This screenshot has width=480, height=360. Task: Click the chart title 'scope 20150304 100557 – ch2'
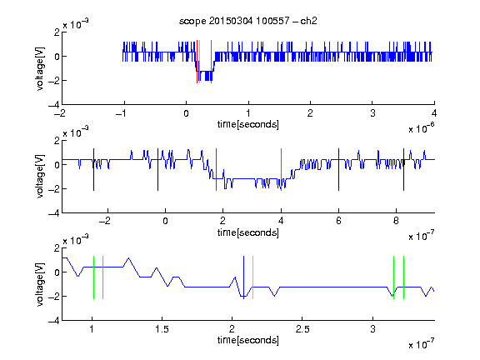coord(248,21)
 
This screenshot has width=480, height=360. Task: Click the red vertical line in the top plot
coord(197,62)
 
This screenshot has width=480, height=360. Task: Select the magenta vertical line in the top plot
coord(211,62)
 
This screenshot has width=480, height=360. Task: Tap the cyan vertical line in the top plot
coord(199,62)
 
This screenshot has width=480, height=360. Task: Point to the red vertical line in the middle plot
coord(216,170)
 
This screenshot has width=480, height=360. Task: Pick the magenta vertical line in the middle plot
coord(281,170)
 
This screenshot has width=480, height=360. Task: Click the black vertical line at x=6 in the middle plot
coord(338,170)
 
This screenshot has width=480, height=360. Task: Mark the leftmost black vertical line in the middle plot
coord(93,170)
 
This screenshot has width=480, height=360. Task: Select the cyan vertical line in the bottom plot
coord(252,277)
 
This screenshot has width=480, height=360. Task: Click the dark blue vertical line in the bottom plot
coord(243,277)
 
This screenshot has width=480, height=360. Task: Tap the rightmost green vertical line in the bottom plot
coord(404,277)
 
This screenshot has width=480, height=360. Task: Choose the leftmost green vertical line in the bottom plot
coord(93,277)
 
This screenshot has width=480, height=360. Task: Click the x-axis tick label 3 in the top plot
coord(372,113)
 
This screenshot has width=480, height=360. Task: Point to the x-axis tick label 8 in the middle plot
coord(396,221)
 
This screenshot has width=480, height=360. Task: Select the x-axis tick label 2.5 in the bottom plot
coord(302,329)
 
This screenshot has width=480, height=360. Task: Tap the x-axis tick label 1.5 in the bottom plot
coord(162,329)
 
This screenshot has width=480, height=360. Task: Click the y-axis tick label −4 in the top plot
coord(54,105)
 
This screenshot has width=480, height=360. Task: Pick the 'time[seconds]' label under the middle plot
coord(248,233)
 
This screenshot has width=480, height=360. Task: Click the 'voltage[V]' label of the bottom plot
coord(40,284)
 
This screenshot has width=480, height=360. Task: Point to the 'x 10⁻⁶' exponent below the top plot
coord(421,128)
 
